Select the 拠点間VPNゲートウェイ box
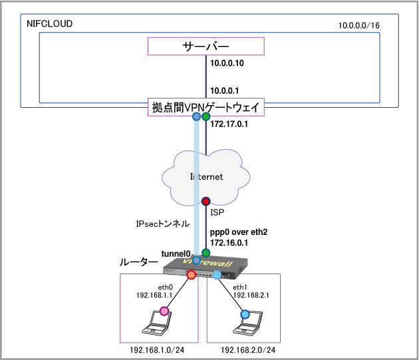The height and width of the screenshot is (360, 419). pos(206,107)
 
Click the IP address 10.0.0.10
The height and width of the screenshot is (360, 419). pos(227,64)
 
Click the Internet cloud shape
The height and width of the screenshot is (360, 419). pos(206,176)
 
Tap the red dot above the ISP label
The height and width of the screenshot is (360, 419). pos(206,201)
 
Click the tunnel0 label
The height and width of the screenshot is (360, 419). pos(176,254)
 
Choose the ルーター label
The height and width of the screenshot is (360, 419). pos(139,263)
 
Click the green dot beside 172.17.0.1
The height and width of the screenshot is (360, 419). pos(206,117)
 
